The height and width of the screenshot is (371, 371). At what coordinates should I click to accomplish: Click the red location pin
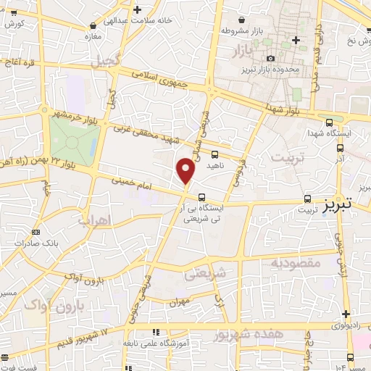(186, 170)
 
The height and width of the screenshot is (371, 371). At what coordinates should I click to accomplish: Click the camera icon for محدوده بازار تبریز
(271, 58)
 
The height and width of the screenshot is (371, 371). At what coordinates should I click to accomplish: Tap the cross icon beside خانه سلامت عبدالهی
(138, 9)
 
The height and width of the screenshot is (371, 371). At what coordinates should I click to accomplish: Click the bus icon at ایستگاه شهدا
(330, 122)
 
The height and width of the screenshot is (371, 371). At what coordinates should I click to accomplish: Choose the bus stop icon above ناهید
(214, 154)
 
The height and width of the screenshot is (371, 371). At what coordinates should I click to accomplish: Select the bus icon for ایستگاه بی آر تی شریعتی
(201, 196)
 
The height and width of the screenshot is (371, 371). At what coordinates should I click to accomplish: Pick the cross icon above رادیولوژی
(346, 314)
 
